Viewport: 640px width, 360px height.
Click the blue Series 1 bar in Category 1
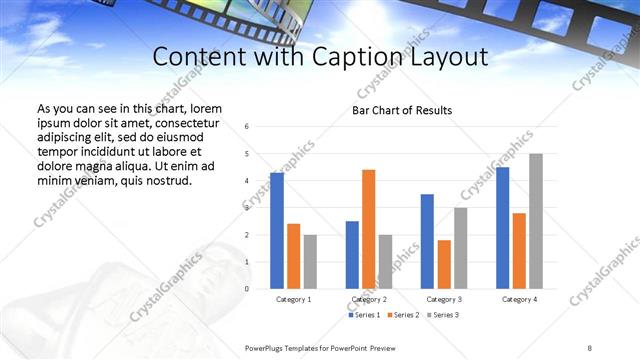tap(277, 231)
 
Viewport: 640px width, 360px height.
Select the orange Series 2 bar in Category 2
tap(368, 229)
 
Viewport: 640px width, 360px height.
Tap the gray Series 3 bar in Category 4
tap(536, 221)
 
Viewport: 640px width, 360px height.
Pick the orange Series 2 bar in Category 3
tap(444, 264)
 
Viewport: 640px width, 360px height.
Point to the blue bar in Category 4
tap(502, 228)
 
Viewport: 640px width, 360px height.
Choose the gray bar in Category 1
tap(310, 262)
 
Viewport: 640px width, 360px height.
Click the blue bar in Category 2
tap(352, 255)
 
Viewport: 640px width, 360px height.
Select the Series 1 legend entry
tap(362, 315)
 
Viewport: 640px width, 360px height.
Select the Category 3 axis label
tap(444, 299)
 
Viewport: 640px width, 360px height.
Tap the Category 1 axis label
tap(293, 299)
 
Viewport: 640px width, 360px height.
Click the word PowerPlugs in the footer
tap(268, 346)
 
